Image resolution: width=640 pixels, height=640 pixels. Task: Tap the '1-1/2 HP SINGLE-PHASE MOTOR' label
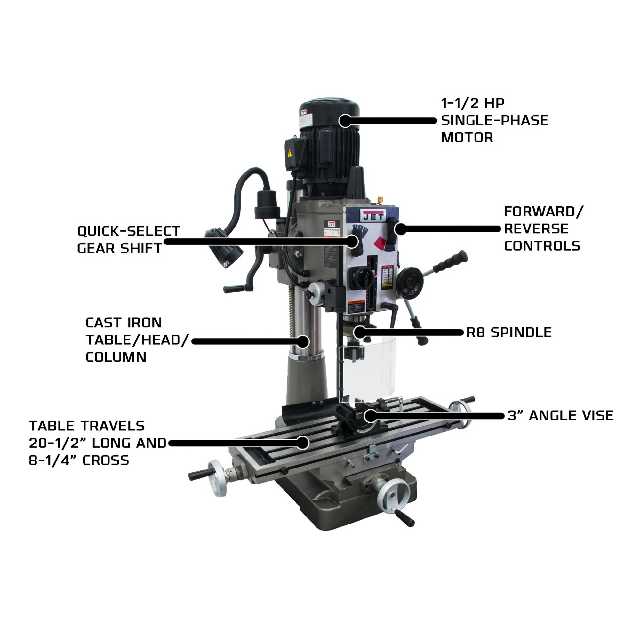point(494,120)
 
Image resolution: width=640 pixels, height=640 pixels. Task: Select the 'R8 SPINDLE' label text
point(509,332)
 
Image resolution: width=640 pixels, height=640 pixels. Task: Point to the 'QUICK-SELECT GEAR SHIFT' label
point(129,239)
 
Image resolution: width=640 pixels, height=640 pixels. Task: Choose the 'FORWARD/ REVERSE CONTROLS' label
point(543,228)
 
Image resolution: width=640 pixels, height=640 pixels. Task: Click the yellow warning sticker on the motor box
point(290,153)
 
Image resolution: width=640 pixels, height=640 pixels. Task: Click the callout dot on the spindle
point(359,332)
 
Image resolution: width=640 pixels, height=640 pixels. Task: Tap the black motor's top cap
point(330,108)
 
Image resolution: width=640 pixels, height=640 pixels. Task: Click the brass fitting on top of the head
point(380,199)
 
